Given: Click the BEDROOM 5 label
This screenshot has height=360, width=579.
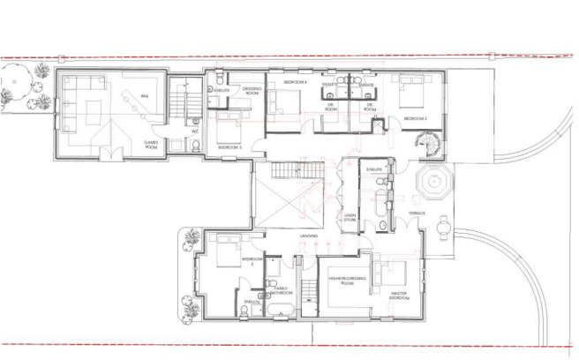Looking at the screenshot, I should [230, 147].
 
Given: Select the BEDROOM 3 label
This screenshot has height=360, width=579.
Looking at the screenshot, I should [415, 117].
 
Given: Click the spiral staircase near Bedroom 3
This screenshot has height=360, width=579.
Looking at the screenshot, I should [427, 141].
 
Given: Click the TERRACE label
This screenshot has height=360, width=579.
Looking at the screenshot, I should [417, 214].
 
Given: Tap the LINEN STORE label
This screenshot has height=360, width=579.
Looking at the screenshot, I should [350, 217].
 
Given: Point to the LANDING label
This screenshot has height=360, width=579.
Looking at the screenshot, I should [308, 236].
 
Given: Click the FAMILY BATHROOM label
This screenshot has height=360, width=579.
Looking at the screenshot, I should [282, 290].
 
